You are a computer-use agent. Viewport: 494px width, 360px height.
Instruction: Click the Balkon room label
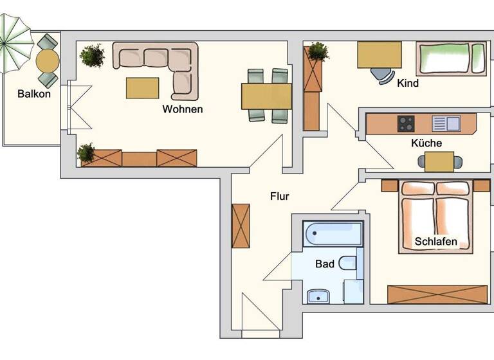pyautogui.click(x=35, y=93)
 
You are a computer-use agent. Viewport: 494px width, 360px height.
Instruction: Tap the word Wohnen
pyautogui.click(x=182, y=109)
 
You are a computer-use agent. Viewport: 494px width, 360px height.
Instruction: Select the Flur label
pyautogui.click(x=279, y=196)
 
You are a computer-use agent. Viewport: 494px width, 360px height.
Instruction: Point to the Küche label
pyautogui.click(x=426, y=143)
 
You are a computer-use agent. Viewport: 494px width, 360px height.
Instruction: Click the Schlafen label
pyautogui.click(x=436, y=242)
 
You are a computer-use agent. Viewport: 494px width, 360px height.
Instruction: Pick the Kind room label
pyautogui.click(x=408, y=83)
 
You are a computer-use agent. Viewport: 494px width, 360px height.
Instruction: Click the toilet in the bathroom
pyautogui.click(x=347, y=263)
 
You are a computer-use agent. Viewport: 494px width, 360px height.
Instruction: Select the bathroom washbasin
pyautogui.click(x=318, y=296)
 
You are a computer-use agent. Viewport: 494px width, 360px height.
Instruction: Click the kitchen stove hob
pyautogui.click(x=406, y=123)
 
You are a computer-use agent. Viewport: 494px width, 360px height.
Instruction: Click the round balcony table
pyautogui.click(x=48, y=61)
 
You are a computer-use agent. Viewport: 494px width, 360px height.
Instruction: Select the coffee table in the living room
pyautogui.click(x=142, y=87)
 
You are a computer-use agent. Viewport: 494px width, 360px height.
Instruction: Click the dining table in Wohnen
pyautogui.click(x=266, y=96)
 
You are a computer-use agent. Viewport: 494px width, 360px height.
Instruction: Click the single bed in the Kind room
pyautogui.click(x=452, y=58)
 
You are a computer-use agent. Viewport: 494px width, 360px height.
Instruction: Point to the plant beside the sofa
pyautogui.click(x=93, y=55)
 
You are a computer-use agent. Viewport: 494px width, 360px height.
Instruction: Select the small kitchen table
pyautogui.click(x=439, y=162)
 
